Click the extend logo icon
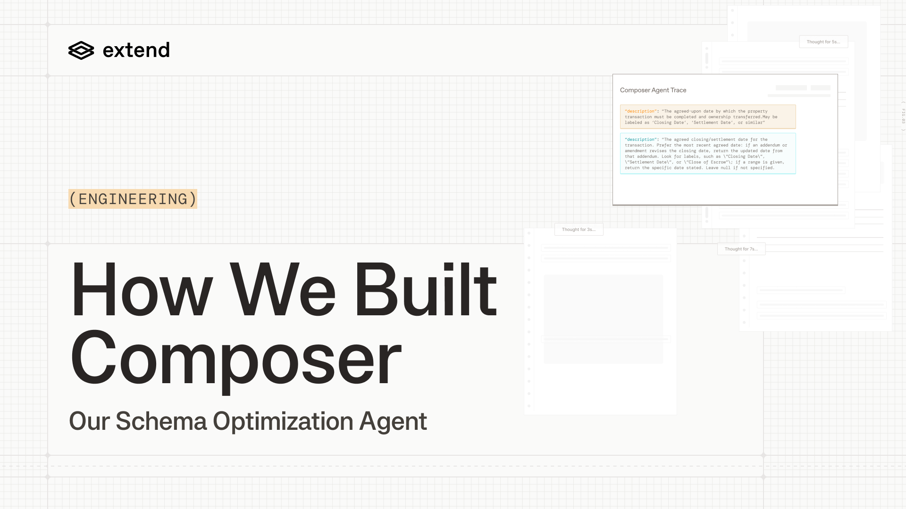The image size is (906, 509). [81, 50]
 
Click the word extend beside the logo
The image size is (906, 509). [136, 50]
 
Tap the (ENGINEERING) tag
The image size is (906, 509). [133, 199]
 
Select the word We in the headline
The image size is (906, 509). [282, 289]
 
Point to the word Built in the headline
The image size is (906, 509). [426, 289]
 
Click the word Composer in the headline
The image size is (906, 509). [235, 358]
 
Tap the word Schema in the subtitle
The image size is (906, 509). [161, 421]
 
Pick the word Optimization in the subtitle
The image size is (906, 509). [283, 421]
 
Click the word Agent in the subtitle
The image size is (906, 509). [393, 421]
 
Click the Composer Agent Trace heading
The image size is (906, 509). [653, 90]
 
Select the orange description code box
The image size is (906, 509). [708, 117]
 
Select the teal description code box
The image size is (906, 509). [708, 154]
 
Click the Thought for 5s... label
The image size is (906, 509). [823, 42]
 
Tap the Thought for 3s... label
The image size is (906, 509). [579, 230]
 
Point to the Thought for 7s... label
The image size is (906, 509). [741, 249]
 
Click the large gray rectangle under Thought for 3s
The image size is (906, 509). [603, 319]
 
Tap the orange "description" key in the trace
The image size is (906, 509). [640, 111]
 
